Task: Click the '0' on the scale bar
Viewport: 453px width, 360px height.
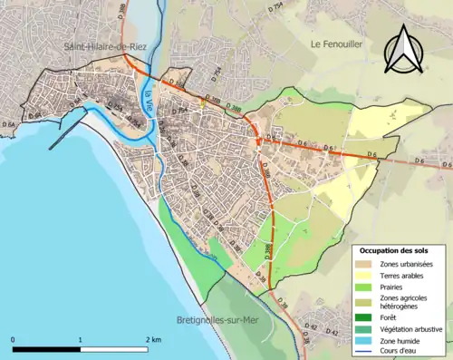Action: (14, 339)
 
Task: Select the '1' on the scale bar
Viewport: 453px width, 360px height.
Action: (81, 339)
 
